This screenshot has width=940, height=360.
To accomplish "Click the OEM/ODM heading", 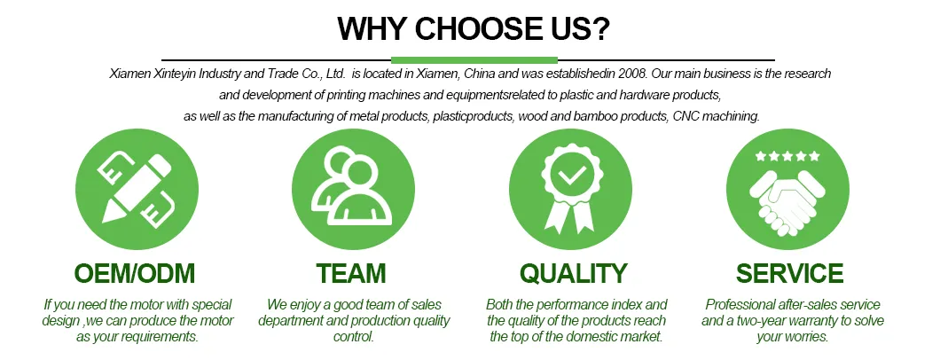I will click(x=136, y=272).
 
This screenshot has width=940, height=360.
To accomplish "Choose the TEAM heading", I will click(x=351, y=272).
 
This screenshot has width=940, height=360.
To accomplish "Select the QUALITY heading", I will click(x=573, y=272).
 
